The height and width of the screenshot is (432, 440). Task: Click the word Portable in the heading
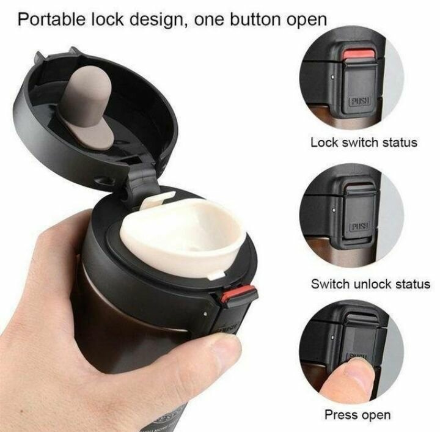pyautogui.click(x=52, y=19)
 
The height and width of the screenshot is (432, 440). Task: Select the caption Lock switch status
pyautogui.click(x=364, y=142)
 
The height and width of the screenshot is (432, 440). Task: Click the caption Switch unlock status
pyautogui.click(x=370, y=284)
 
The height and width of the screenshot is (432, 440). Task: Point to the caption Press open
pyautogui.click(x=358, y=415)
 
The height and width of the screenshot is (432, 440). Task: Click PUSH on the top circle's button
pyautogui.click(x=360, y=101)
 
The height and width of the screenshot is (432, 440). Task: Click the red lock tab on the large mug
pyautogui.click(x=238, y=293)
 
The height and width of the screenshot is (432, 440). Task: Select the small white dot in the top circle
pyautogui.click(x=332, y=76)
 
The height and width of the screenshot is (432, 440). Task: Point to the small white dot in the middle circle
pyautogui.click(x=334, y=209)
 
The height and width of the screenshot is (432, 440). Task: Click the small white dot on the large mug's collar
pyautogui.click(x=205, y=314)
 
